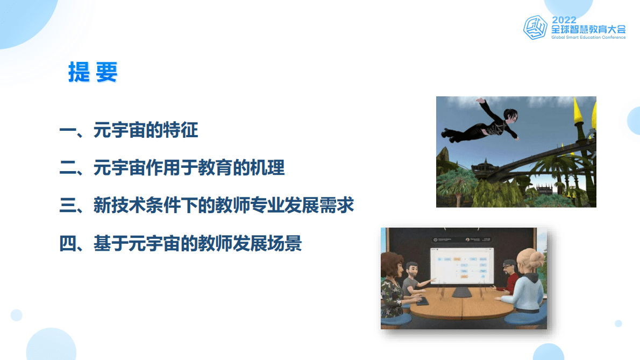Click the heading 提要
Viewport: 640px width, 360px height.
tap(93, 72)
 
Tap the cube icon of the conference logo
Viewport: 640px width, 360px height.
tap(536, 27)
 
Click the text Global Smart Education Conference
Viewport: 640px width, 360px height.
tap(588, 38)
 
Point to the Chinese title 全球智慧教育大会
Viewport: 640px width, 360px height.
tap(588, 29)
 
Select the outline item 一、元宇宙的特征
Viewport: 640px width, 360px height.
tap(129, 130)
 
